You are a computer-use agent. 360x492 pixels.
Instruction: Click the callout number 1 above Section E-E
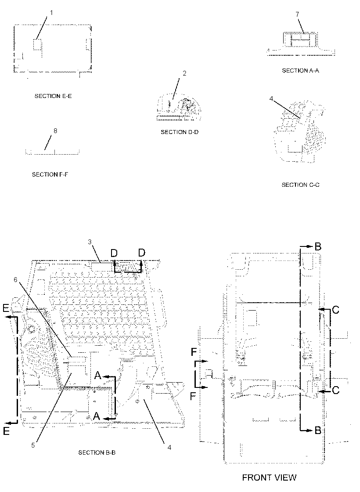[x=52, y=13]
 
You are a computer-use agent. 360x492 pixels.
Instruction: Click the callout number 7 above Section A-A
[x=297, y=14]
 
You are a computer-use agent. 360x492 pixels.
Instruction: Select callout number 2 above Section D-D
[x=185, y=73]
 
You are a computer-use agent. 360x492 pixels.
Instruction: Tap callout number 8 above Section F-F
[x=55, y=131]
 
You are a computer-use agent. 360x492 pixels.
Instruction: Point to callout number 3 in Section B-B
[x=90, y=242]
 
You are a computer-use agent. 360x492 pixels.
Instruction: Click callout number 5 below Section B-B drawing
[x=33, y=445]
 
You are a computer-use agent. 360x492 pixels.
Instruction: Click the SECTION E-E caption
[x=53, y=96]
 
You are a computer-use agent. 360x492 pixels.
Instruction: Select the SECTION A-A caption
[x=300, y=71]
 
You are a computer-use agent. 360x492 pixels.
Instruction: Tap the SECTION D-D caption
[x=180, y=132]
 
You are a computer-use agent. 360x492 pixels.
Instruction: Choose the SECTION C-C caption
[x=300, y=185]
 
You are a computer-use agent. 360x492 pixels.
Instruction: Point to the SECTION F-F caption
[x=50, y=174]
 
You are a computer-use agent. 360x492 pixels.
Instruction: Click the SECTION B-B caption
[x=97, y=452]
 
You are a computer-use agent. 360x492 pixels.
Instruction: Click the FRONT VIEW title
[x=270, y=478]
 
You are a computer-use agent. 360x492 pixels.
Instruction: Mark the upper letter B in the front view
[x=318, y=246]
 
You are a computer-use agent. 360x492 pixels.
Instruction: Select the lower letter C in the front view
[x=335, y=391]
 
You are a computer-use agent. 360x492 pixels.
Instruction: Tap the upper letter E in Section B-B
[x=6, y=309]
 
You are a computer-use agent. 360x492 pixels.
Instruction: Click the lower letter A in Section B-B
[x=97, y=416]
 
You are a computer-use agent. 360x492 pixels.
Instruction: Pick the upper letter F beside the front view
[x=194, y=353]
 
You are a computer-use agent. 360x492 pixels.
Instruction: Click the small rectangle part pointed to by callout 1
[x=37, y=44]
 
